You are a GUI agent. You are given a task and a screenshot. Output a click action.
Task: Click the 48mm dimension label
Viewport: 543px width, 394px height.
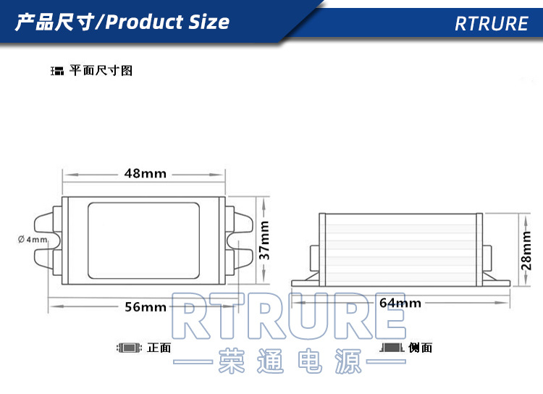[145, 174]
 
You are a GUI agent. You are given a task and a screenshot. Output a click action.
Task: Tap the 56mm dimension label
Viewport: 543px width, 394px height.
[145, 307]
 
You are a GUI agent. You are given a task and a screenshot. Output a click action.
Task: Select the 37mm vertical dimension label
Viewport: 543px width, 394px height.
[265, 240]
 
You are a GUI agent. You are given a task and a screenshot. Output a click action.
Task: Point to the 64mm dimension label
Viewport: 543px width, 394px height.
[400, 302]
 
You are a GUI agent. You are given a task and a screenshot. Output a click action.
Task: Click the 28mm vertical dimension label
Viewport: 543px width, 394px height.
[527, 249]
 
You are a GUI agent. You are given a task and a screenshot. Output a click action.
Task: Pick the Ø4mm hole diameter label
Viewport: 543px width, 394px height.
[33, 239]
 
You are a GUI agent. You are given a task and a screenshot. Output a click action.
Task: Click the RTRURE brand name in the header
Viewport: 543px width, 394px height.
[492, 23]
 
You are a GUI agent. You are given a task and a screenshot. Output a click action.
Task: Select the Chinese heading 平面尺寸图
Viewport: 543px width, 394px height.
[101, 71]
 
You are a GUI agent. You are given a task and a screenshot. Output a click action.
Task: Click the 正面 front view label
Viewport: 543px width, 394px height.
[159, 348]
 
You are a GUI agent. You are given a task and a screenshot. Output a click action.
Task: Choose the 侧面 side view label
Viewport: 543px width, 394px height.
[421, 348]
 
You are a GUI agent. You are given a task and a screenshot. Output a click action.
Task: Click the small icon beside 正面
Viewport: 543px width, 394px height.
[129, 348]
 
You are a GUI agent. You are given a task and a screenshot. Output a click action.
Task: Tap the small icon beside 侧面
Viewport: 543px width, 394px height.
[392, 348]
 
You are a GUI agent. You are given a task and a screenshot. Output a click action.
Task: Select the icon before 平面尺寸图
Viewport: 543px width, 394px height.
[57, 72]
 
